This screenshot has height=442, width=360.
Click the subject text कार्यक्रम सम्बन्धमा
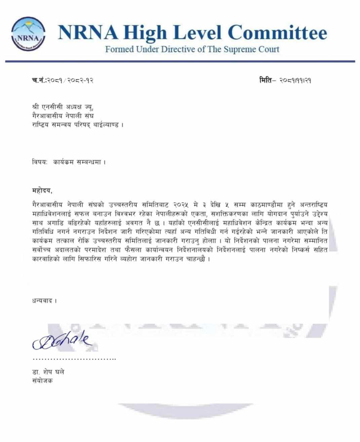click(79, 162)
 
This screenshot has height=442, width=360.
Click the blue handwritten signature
click(61, 341)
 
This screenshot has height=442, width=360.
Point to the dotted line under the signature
click(74, 359)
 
